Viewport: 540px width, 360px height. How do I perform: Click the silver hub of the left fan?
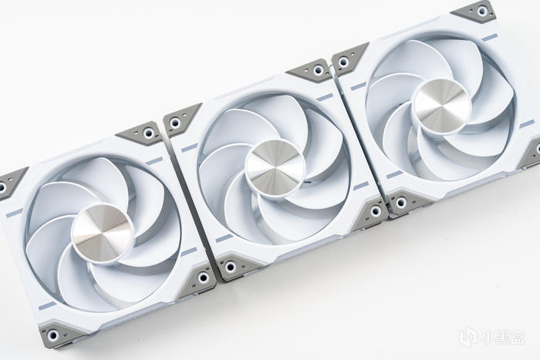[x=102, y=233]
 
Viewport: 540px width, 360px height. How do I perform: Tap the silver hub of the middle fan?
[x=276, y=167]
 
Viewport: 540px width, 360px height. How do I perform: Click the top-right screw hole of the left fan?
[x=148, y=133]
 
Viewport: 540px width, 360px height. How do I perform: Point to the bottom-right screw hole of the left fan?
[x=203, y=277]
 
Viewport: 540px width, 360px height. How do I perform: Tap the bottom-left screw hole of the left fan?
[x=52, y=335]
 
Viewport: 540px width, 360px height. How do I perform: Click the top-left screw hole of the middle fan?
[x=175, y=122]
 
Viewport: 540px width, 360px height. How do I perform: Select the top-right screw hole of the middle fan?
[x=319, y=71]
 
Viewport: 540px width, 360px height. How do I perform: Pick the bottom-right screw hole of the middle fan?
[x=375, y=210]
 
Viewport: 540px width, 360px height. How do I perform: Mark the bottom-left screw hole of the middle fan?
[x=230, y=267]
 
